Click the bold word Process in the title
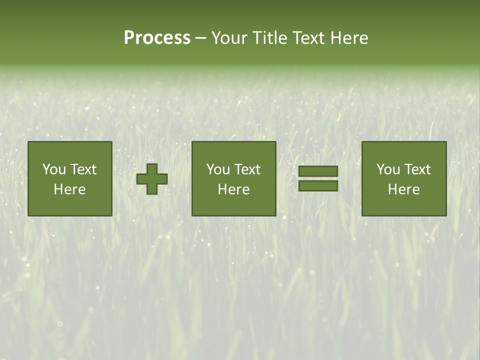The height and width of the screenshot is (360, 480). [x=157, y=38]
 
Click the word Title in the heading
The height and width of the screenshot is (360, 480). [x=270, y=38]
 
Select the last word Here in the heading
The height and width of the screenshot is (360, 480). [x=349, y=38]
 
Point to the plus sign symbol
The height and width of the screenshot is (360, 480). [x=152, y=179]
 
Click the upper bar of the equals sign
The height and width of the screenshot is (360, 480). [x=318, y=171]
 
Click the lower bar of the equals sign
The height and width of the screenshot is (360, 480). [x=318, y=186]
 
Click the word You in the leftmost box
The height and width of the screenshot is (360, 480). [x=54, y=169]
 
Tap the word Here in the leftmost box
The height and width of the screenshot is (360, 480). [x=70, y=189]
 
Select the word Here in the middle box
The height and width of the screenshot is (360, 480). [x=234, y=189]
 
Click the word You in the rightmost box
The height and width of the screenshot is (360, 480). [x=388, y=169]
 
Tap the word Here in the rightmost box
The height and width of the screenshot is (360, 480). [x=404, y=189]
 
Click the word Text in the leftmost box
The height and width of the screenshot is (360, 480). [x=83, y=169]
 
